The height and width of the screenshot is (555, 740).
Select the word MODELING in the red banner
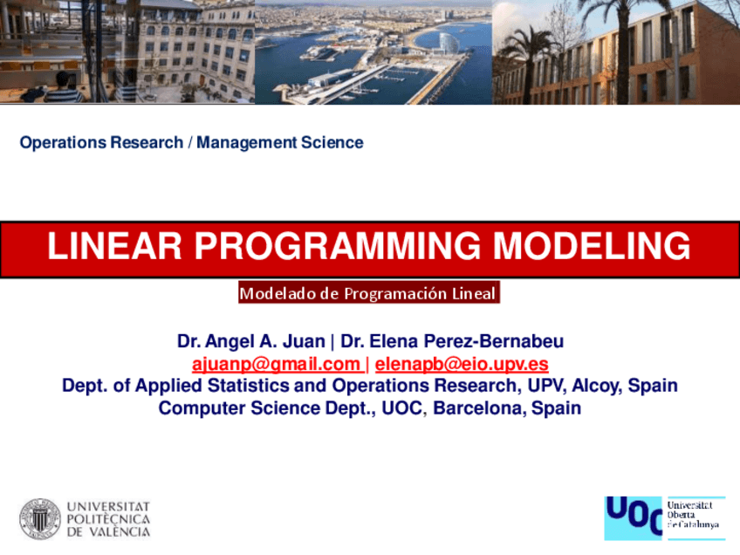(x=593, y=247)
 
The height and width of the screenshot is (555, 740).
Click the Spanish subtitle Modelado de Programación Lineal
(x=368, y=294)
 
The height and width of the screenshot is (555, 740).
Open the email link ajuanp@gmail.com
(x=276, y=364)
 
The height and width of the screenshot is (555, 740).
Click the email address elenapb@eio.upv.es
(x=462, y=364)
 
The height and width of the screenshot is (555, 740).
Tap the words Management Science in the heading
(x=279, y=142)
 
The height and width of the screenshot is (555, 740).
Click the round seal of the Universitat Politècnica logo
(x=40, y=518)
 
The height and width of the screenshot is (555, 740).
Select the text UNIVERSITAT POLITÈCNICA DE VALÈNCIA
(x=108, y=518)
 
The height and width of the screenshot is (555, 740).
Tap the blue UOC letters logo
(x=634, y=517)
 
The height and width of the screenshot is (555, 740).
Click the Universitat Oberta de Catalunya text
(x=694, y=516)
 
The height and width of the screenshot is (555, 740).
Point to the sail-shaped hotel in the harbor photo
(x=448, y=42)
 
